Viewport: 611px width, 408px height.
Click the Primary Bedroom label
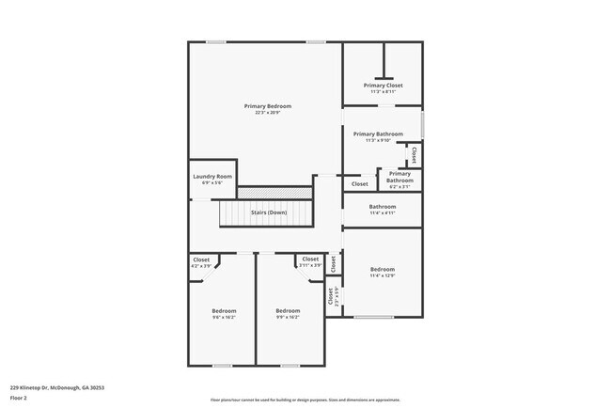268,106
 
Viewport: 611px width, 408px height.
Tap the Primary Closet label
383,86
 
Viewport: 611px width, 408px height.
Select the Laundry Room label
211,177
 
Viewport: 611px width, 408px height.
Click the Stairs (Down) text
269,212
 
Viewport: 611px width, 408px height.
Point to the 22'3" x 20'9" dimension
268,113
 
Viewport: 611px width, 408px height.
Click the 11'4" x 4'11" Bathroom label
382,207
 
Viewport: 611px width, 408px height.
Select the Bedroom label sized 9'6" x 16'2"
224,311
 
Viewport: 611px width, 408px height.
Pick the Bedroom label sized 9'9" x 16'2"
288,311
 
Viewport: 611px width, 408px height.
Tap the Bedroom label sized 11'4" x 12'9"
382,269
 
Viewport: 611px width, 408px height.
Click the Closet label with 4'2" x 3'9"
201,259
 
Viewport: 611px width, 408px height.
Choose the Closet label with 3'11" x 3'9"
310,259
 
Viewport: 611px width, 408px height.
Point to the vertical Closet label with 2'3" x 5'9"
331,296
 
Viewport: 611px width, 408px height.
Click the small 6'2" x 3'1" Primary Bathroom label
399,177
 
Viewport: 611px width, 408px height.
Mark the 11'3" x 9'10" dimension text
378,141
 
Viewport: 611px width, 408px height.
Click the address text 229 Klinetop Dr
56,387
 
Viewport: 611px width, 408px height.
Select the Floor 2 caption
19,397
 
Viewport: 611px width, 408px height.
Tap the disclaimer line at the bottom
305,400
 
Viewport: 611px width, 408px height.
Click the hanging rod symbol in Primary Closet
382,78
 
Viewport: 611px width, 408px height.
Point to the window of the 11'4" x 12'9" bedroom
373,317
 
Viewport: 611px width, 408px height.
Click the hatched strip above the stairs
274,193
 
